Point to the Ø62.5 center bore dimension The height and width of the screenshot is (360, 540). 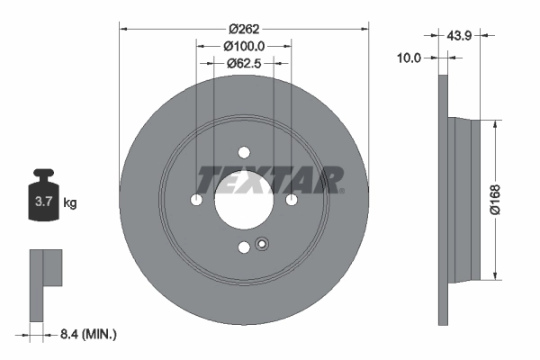[244, 63]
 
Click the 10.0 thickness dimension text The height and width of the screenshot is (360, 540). [409, 57]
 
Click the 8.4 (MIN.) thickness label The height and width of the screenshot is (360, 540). [86, 334]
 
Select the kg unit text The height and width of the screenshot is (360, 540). [70, 203]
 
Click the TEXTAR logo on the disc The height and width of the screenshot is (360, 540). [270, 179]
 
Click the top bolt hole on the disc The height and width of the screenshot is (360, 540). [244, 152]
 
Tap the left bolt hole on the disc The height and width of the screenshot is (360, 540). [197, 200]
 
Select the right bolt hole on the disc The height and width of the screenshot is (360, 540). [292, 200]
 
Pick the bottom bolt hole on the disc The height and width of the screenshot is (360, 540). [244, 247]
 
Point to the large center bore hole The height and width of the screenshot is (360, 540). [244, 200]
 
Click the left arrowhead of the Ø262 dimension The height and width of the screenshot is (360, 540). [123, 28]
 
